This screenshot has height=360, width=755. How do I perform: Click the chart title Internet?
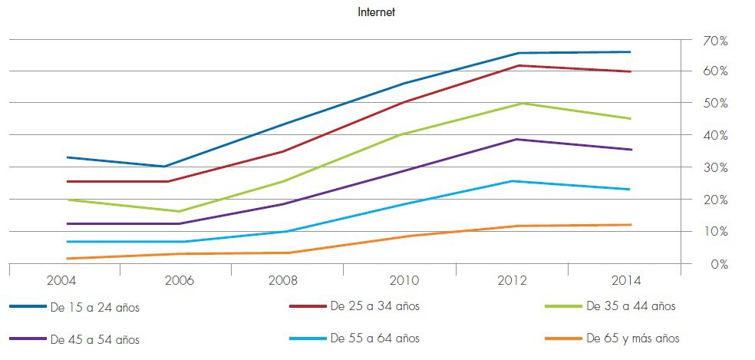point(376,12)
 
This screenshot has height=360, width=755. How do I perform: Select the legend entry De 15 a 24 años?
point(95,308)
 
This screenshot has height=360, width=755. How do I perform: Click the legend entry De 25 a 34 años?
point(375,306)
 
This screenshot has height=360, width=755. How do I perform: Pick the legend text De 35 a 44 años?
point(631,306)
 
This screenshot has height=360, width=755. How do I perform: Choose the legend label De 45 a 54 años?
point(95,339)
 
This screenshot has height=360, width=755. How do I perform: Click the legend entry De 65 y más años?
point(633,338)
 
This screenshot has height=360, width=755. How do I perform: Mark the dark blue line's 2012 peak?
point(519,53)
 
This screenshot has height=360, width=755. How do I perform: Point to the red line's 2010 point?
point(405,101)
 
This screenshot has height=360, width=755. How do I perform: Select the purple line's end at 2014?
point(631,150)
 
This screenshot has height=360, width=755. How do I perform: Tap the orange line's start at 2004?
point(68,259)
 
